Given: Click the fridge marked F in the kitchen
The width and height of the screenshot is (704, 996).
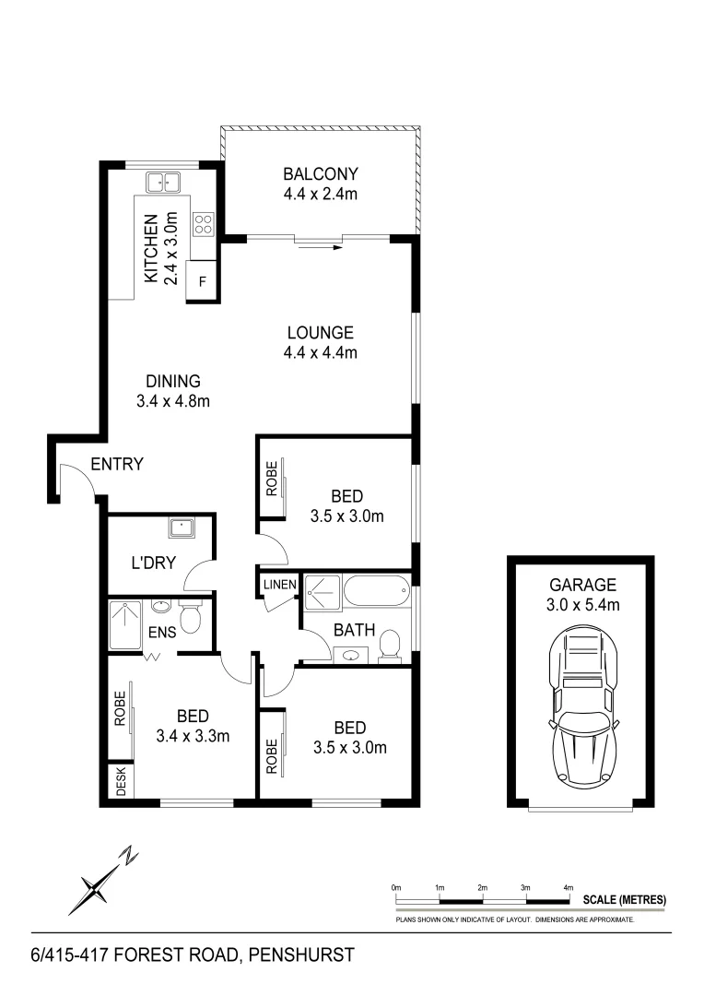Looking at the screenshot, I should pos(203,281).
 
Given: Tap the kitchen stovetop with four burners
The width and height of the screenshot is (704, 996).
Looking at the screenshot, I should pos(203,223).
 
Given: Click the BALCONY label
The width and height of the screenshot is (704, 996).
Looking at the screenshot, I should pos(320,183).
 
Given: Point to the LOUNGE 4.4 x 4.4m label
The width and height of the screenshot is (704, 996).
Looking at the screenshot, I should pos(320,342).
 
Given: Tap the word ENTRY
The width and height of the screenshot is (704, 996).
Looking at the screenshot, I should pos(117,464).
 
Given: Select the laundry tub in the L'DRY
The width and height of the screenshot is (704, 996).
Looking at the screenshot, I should pos(181,529).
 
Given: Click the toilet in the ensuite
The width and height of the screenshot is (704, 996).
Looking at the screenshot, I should pos(191,618).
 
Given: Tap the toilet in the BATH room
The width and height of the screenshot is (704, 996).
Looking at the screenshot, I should pos(390,646).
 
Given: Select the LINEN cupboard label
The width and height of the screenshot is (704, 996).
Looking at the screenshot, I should pos(278,585).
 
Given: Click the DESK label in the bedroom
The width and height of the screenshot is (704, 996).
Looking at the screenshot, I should pos(121,783).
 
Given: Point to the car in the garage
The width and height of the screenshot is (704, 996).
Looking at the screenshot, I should pos(581,706).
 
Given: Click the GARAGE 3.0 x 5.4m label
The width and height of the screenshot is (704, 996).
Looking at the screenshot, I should pos(582,594).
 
